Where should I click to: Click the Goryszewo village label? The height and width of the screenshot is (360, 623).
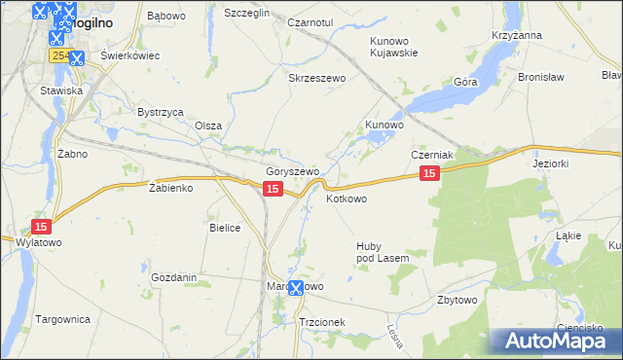(293, 171)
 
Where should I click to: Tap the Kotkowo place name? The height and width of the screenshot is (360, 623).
(347, 198)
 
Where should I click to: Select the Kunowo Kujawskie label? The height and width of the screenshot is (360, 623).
(393, 47)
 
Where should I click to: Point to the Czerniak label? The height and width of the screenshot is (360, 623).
(433, 155)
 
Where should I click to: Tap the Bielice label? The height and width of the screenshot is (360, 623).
(225, 227)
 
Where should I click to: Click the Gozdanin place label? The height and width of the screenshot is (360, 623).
(174, 277)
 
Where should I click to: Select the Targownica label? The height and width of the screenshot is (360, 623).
(62, 319)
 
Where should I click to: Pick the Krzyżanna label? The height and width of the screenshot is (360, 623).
(517, 35)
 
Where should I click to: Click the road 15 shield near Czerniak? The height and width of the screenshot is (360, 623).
(430, 173)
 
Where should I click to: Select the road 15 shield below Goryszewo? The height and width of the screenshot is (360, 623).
(273, 189)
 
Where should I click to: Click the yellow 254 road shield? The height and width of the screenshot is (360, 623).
(60, 57)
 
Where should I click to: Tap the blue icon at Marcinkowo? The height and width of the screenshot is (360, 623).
(296, 289)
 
